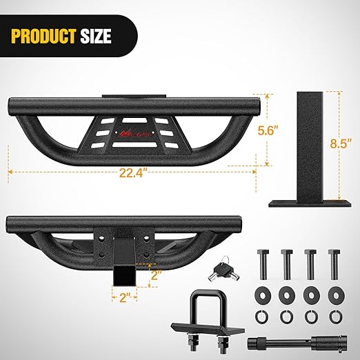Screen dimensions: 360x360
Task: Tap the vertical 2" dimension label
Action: point(159,276)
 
